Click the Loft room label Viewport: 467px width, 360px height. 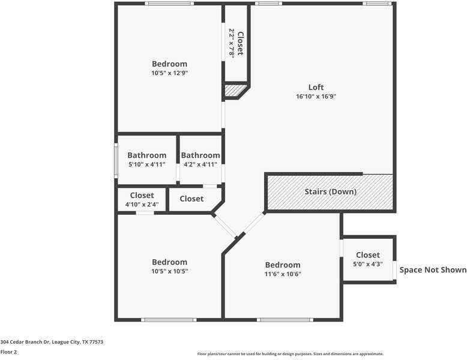[316, 86]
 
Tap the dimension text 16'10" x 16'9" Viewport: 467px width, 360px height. [316, 96]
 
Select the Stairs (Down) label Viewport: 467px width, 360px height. [330, 192]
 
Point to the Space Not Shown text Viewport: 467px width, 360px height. [433, 270]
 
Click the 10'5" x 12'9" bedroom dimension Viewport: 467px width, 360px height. [169, 73]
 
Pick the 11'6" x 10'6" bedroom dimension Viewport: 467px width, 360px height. [282, 274]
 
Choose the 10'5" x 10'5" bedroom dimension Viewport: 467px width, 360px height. [169, 271]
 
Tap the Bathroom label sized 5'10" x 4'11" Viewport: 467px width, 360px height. [146, 155]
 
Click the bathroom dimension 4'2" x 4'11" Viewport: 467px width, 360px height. [200, 164]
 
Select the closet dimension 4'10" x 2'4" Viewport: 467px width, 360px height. [142, 205]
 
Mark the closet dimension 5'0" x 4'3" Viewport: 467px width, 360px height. [367, 264]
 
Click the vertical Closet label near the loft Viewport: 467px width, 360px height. [240, 43]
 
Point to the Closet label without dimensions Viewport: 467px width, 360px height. [191, 199]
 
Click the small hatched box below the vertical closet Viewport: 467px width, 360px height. [235, 91]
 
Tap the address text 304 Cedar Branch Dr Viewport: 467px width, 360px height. [52, 342]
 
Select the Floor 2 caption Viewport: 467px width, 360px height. [8, 352]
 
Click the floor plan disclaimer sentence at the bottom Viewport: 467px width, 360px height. [290, 354]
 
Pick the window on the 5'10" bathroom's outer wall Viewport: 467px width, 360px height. [116, 160]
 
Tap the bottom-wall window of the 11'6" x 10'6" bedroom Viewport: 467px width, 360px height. [285, 320]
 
